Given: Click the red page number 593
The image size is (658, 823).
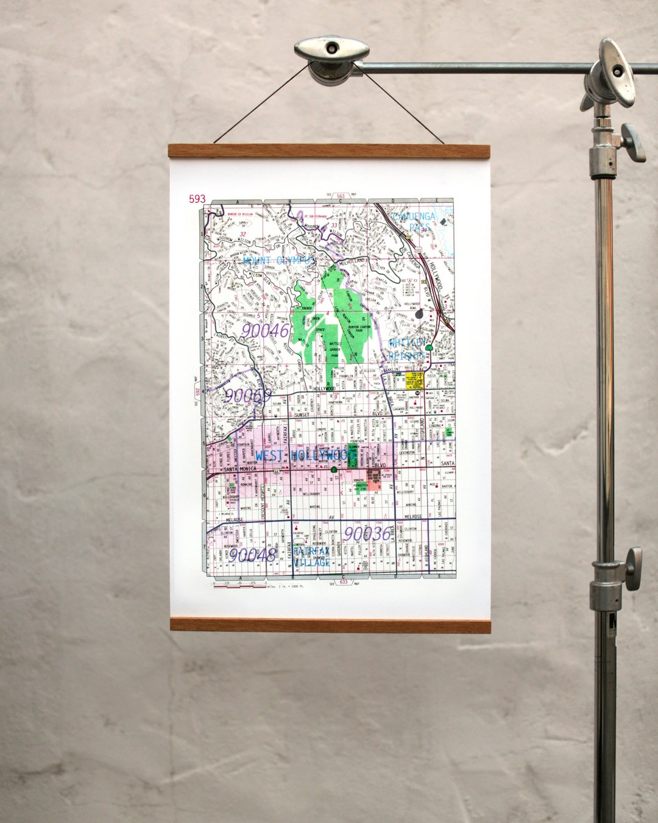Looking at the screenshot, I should pos(197,199).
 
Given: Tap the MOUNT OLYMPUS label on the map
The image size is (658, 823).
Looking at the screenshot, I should pos(279,260).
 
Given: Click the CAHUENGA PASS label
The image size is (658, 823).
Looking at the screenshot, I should pos(415,221).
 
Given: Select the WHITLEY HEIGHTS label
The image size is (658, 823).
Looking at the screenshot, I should pos(407,349).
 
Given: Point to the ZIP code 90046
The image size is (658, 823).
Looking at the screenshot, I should pos(264,331).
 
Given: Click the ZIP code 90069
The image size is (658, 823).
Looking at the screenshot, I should pos(247,396).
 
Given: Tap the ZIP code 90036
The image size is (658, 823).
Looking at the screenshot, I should pos(367,534).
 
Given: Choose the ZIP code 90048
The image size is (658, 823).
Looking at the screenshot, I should pos(252,554).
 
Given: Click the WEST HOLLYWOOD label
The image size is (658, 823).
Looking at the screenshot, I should pos(305,455).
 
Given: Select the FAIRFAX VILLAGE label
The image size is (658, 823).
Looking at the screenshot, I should pos(311,556).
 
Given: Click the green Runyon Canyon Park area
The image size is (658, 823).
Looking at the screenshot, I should pos(341,317).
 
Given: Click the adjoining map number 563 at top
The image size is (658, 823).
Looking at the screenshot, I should pos(341,196).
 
